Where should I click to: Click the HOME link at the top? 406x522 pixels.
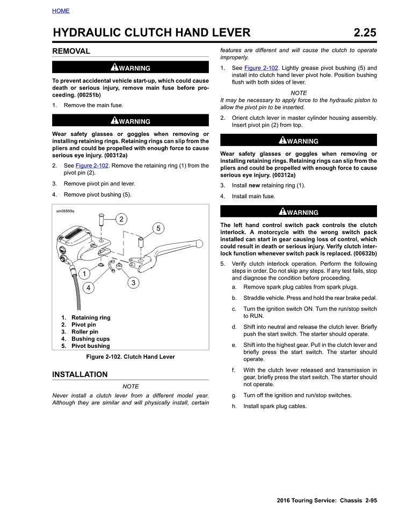[x=61, y=11]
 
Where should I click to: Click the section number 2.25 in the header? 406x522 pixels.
[x=365, y=33]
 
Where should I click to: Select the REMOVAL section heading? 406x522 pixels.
[x=71, y=51]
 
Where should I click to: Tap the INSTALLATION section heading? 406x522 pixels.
[x=79, y=374]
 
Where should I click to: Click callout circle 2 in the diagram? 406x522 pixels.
[x=121, y=219]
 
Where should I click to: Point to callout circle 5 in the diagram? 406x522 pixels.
[x=158, y=228]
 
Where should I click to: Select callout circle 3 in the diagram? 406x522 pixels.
[x=133, y=282]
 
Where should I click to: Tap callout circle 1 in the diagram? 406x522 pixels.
[x=84, y=274]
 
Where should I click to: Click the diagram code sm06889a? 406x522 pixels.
[x=66, y=211]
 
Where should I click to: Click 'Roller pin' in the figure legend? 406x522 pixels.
[x=84, y=332]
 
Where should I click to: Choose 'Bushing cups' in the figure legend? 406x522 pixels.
[x=90, y=339]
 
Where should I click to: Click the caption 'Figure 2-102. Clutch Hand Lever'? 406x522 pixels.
[x=130, y=357]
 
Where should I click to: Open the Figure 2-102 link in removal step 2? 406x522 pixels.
[x=91, y=165]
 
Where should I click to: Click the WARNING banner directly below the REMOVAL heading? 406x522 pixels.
[x=130, y=68]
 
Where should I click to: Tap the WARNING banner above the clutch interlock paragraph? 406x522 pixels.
[x=299, y=212]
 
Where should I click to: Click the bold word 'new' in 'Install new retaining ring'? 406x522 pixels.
[x=255, y=185]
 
